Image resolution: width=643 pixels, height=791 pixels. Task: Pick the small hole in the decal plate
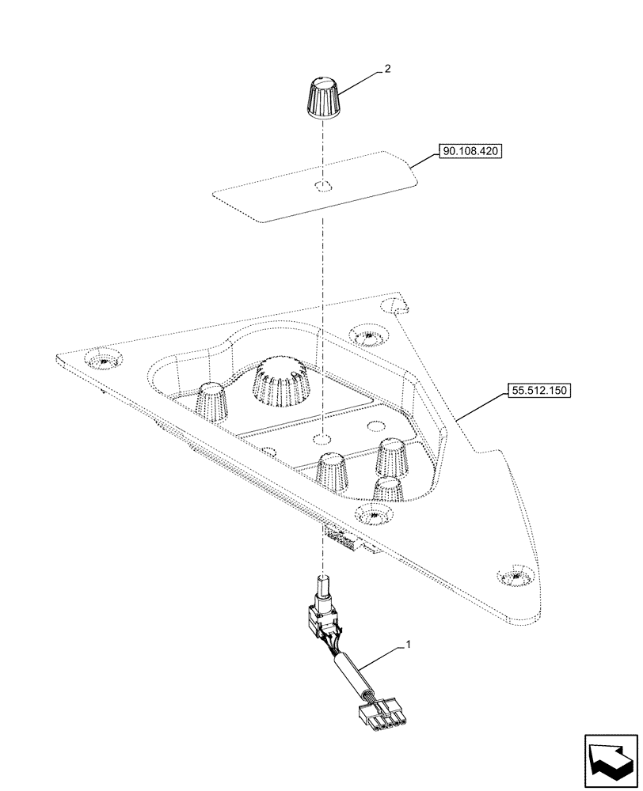[322, 187]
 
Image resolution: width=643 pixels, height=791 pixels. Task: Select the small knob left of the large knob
[211, 400]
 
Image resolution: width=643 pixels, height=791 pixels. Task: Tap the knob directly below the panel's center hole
[333, 471]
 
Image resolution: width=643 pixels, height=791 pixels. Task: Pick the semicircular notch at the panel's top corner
[392, 305]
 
